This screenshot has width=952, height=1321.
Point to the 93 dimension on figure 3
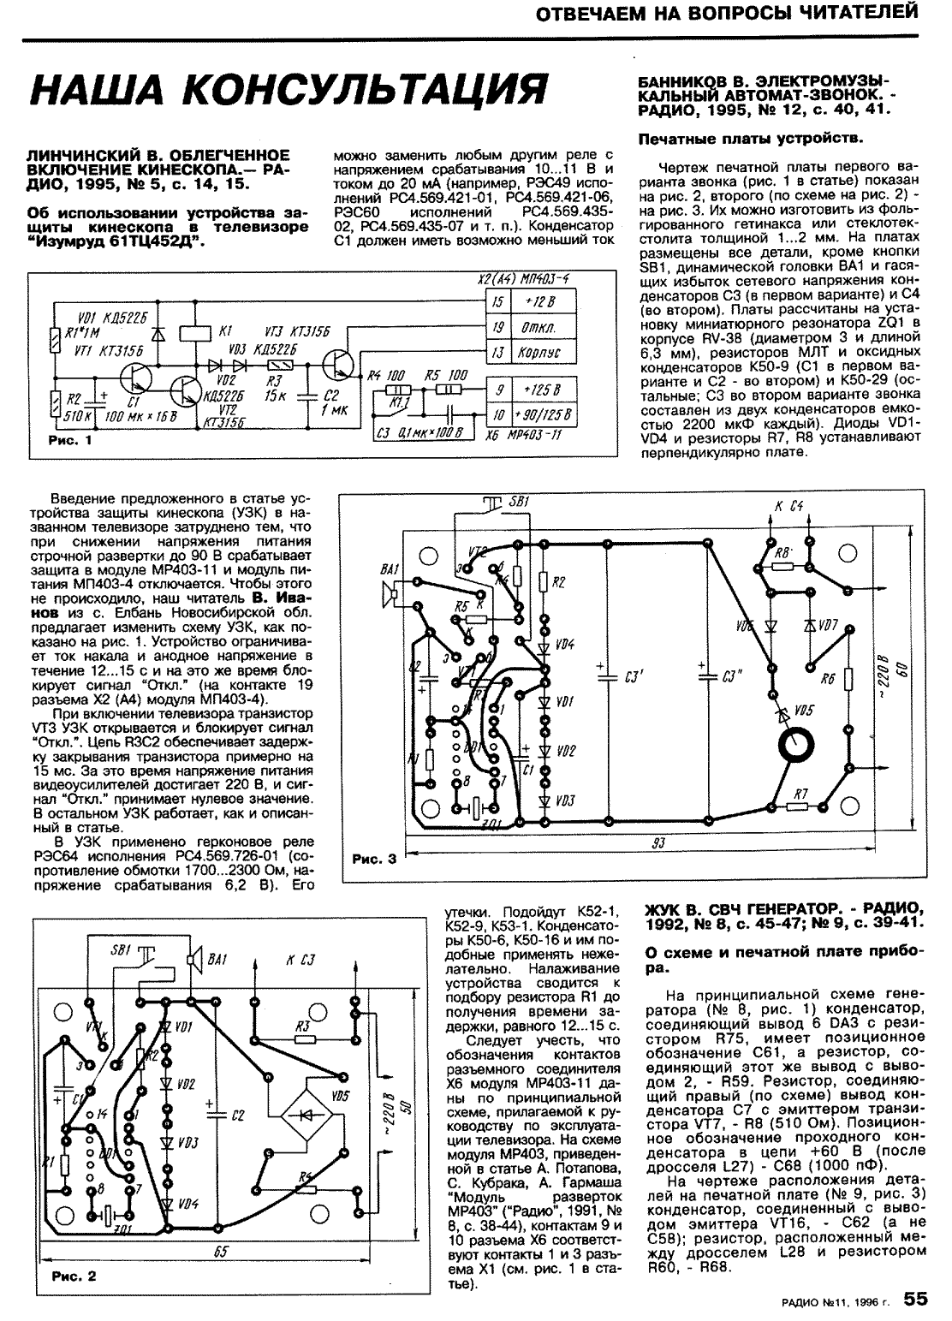(x=657, y=843)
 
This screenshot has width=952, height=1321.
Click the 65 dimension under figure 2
(x=221, y=1252)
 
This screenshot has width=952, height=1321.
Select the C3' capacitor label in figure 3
(x=634, y=676)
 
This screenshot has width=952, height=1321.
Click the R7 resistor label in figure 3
(x=800, y=795)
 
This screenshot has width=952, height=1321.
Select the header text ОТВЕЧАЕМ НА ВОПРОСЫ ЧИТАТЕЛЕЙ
(x=720, y=13)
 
